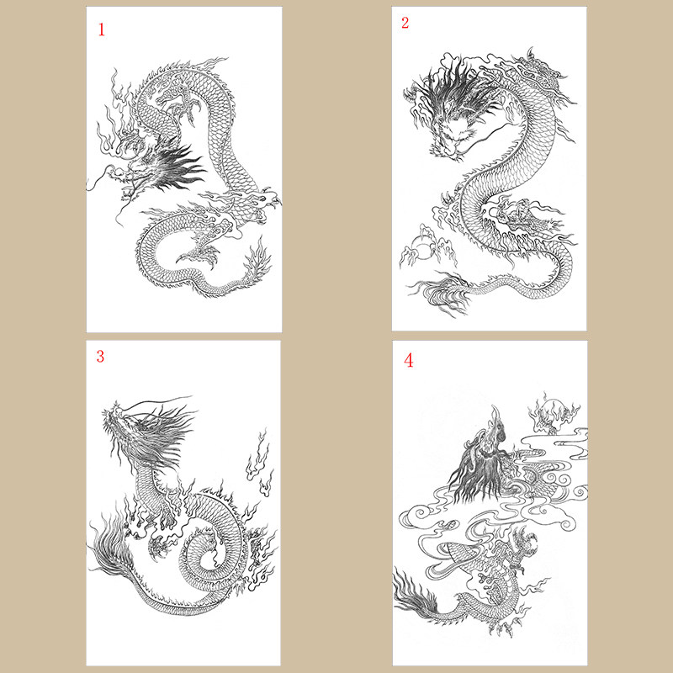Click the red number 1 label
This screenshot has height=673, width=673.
point(102,30)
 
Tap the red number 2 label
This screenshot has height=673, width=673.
point(405,23)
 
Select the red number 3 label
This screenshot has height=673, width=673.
point(100,356)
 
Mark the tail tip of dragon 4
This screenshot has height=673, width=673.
point(416,593)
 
